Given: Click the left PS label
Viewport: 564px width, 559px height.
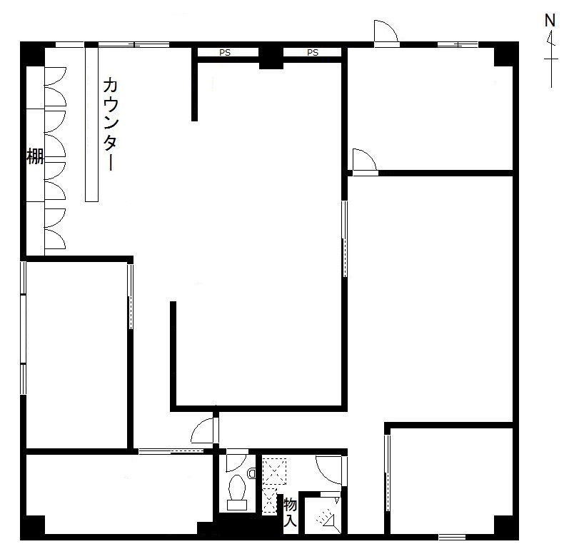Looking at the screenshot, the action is click(225, 53).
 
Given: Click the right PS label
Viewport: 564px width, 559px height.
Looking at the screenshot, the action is click(313, 53).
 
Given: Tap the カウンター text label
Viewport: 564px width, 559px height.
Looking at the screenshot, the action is click(110, 124).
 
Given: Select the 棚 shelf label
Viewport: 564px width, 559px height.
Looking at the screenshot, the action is click(35, 156).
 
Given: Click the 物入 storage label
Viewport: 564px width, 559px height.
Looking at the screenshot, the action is click(291, 512).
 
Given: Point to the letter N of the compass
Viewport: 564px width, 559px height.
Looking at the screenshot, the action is click(550, 21).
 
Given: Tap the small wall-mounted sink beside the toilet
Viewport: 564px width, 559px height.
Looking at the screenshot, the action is click(252, 473).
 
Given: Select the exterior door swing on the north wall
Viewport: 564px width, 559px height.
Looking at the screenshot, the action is click(386, 31).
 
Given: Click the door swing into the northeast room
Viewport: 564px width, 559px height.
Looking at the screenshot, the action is click(364, 159).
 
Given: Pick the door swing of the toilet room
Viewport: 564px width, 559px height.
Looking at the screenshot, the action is click(236, 462).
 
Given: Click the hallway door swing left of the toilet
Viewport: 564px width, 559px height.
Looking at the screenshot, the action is click(203, 430).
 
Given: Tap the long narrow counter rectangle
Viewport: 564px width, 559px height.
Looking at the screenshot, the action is click(91, 124).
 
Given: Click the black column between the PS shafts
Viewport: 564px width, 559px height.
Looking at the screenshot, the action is click(271, 56).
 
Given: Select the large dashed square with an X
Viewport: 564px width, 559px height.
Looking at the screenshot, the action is click(274, 471).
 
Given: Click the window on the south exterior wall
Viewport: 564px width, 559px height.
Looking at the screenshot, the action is click(452, 537).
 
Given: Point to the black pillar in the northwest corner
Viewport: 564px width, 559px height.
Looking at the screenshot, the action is click(32, 54).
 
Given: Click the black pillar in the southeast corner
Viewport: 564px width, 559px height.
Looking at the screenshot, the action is click(506, 528).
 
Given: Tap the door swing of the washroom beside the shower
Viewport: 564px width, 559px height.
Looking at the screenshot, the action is click(328, 470).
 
